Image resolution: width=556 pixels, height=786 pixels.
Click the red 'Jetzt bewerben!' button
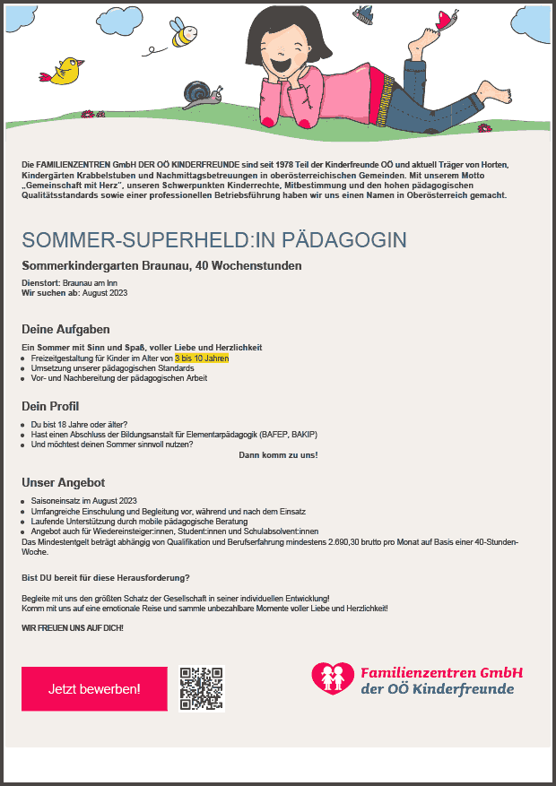(94, 689)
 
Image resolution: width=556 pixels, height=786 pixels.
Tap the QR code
(201, 688)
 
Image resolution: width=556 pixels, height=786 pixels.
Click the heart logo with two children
(333, 678)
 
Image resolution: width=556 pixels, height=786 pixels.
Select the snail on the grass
(199, 92)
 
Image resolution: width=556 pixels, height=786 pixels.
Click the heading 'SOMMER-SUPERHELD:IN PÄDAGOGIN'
(214, 240)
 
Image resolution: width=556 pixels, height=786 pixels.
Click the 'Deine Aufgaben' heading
(65, 330)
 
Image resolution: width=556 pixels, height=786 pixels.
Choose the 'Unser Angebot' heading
(64, 482)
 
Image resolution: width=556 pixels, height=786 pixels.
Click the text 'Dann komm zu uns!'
(278, 454)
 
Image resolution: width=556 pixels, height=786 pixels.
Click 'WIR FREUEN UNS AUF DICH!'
(73, 627)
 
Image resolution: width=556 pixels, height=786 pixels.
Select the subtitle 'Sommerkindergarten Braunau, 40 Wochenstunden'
(161, 265)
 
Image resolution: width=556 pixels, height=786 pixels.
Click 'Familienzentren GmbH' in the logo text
(441, 672)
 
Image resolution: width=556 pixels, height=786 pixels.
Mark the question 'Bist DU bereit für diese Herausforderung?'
(106, 577)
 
